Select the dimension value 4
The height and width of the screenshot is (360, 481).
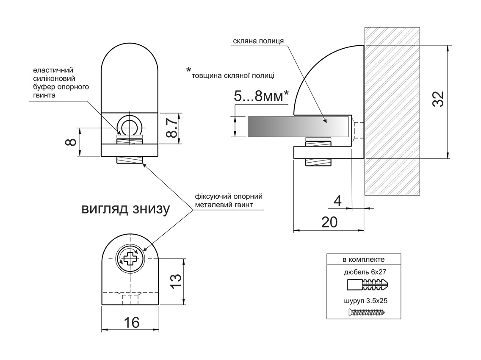tap(337, 200)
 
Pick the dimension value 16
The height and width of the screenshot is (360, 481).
tap(132, 323)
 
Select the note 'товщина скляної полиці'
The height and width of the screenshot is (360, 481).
tap(233, 76)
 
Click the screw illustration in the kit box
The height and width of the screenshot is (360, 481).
tap(367, 313)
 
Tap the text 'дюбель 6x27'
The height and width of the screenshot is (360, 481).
tap(364, 272)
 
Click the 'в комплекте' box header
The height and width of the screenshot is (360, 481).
tap(364, 259)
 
